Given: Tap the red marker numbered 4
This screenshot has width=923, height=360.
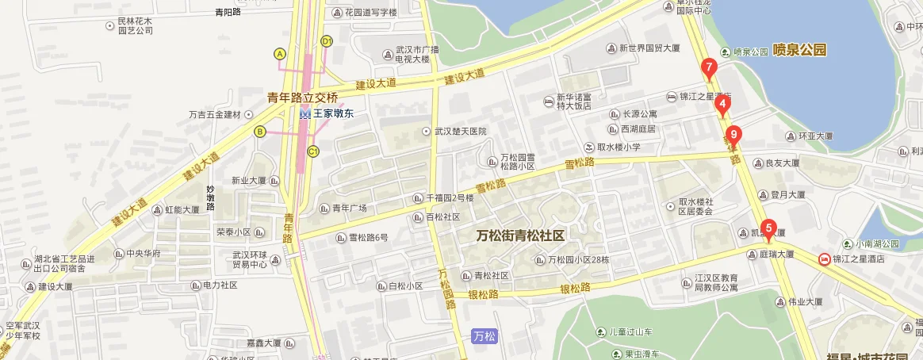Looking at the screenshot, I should (722, 103).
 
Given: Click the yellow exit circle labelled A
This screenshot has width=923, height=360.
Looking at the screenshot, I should (279, 53).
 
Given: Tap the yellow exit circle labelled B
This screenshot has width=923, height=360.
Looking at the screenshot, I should (259, 132).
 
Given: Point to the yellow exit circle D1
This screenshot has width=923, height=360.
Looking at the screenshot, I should (326, 41).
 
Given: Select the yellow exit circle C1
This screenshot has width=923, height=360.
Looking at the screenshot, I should (313, 151).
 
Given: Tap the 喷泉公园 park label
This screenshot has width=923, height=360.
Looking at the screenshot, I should (799, 50).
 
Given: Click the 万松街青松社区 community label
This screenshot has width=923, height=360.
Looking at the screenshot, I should (519, 236).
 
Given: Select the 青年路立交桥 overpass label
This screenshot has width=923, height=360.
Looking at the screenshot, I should (301, 98).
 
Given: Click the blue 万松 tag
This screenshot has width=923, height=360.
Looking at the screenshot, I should (484, 336).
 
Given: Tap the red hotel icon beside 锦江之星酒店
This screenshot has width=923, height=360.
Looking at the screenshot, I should (824, 259).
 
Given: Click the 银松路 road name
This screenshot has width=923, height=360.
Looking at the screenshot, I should (483, 294).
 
